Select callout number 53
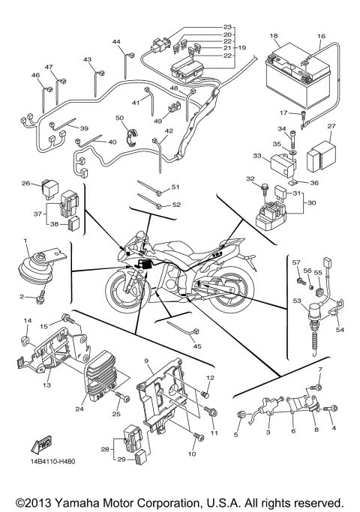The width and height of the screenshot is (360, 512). coord(298,301)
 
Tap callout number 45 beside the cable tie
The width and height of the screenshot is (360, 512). coord(197,346)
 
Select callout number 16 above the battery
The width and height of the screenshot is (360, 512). coord(321,35)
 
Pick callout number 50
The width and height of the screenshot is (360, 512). coord(119,118)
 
